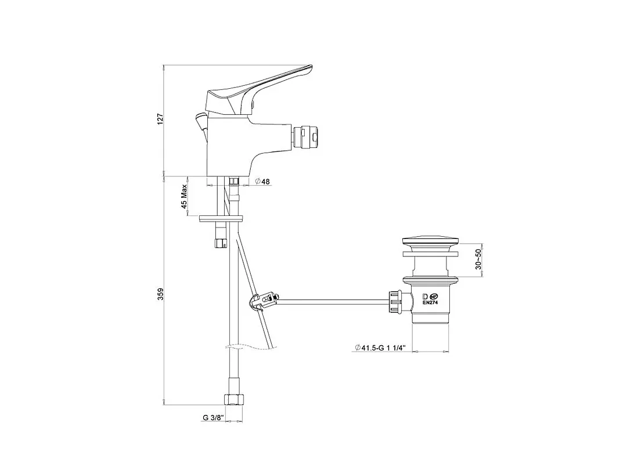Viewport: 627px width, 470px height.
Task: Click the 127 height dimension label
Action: (x=160, y=120)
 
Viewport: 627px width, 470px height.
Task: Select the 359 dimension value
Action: (x=160, y=294)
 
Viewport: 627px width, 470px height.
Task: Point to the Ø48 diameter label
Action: (x=262, y=182)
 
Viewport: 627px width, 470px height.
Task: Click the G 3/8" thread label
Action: (x=213, y=418)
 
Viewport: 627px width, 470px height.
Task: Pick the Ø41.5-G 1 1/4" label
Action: (x=380, y=348)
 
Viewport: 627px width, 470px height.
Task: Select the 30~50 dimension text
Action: (x=478, y=259)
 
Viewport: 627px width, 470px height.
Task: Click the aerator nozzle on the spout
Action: (x=307, y=136)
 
